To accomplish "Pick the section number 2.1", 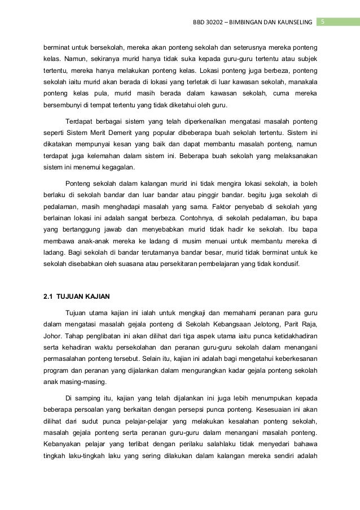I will click(x=49, y=296).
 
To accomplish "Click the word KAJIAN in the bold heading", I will click(x=97, y=296).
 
